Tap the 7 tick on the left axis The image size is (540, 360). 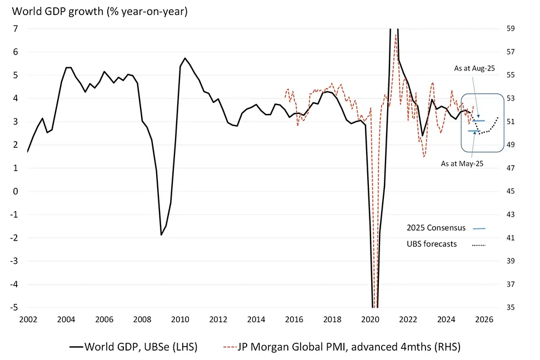[16, 28]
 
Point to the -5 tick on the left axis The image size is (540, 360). [14, 307]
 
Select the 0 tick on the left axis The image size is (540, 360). [16, 191]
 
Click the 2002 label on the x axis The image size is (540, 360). [28, 320]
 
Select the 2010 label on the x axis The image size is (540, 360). [179, 320]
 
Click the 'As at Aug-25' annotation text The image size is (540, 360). [474, 68]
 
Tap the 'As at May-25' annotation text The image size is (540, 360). [461, 164]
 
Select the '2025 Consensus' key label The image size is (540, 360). [436, 228]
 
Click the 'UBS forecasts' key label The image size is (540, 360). [432, 243]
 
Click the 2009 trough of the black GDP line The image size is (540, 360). [161, 235]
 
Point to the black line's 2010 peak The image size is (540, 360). [185, 58]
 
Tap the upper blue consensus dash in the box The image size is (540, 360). [479, 121]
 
